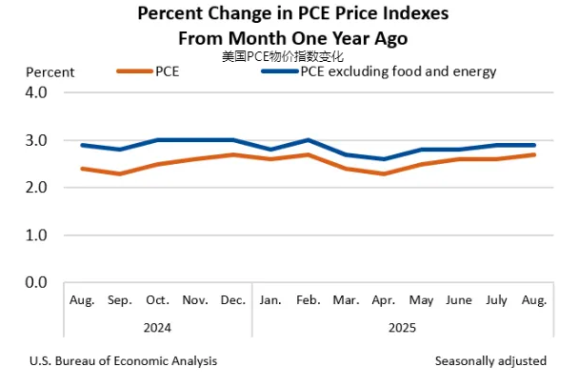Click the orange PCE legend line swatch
(x=133, y=71)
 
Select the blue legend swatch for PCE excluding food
(x=278, y=71)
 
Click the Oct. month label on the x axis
(x=158, y=301)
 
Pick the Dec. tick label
(x=233, y=301)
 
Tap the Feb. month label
(x=309, y=301)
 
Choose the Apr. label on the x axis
(x=384, y=301)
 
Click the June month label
(x=459, y=301)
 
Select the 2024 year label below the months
(x=158, y=326)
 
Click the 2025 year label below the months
(x=402, y=326)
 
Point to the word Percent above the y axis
(x=50, y=71)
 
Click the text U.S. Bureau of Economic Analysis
(x=123, y=361)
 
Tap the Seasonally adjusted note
(x=490, y=361)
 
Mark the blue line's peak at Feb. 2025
(x=309, y=140)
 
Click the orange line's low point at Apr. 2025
(x=384, y=173)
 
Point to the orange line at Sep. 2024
(x=120, y=173)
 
